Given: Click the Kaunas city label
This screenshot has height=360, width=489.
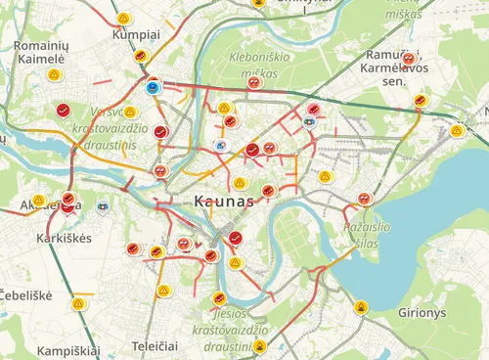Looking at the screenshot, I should [x=217, y=201].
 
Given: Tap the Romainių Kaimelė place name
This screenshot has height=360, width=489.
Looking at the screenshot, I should [x=39, y=52].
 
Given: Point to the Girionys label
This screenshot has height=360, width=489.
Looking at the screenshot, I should [x=422, y=313].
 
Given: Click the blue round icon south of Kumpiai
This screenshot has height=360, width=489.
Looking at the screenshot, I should [x=153, y=87].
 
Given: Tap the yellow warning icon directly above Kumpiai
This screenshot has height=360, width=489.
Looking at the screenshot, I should [x=123, y=18].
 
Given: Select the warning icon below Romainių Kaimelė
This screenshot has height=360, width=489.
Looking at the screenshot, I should [x=56, y=74].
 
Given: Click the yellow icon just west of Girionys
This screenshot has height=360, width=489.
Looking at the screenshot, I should [x=363, y=307].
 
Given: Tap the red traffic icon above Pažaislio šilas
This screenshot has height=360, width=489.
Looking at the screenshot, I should [x=365, y=199].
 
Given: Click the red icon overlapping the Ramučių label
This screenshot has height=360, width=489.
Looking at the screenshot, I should [x=409, y=59].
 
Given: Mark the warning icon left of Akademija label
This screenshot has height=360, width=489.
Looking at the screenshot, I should [x=40, y=200].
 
